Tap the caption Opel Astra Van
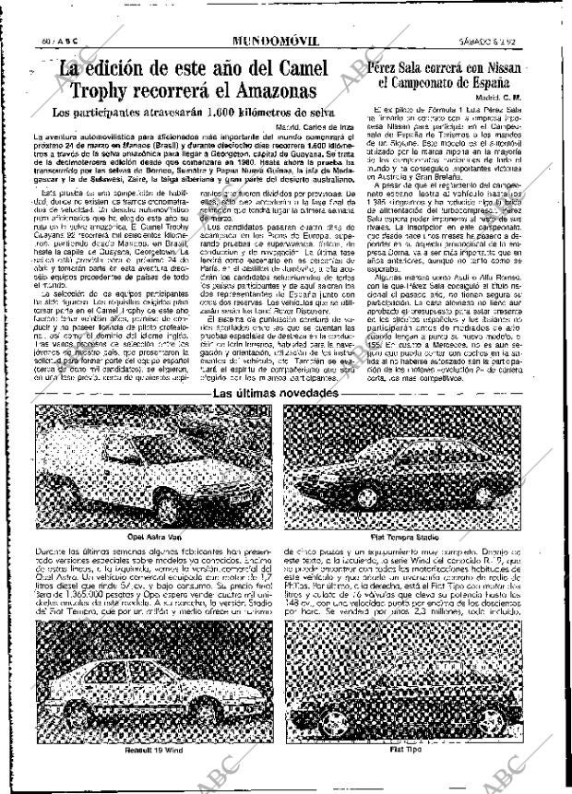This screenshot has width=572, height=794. pyautogui.click(x=153, y=537)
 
